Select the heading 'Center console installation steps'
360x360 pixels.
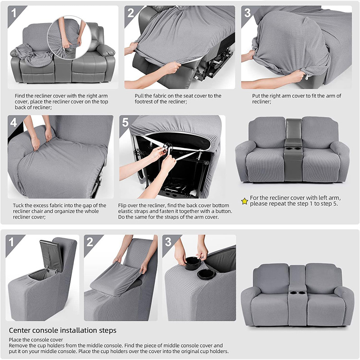pyautogui.click(x=63, y=331)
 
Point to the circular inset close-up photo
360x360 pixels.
pyautogui.click(x=69, y=38)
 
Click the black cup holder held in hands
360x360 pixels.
pyautogui.click(x=193, y=261)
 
